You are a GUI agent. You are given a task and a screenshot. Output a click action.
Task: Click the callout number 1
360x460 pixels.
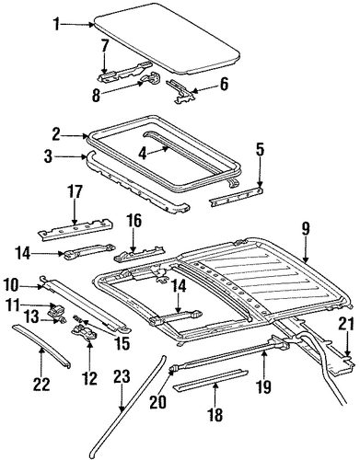[x=56, y=24]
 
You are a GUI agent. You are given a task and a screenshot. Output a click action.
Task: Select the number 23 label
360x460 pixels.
[x=122, y=376]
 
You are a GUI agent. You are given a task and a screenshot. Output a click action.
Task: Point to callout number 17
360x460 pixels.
[x=75, y=192]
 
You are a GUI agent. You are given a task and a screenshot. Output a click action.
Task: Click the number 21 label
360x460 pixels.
[x=347, y=324]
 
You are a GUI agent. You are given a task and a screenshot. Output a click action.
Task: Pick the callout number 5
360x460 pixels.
[x=260, y=150]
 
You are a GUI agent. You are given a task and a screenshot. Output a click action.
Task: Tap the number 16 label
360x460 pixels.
[x=133, y=221]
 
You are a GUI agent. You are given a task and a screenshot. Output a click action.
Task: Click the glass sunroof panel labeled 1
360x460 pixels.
[x=167, y=40]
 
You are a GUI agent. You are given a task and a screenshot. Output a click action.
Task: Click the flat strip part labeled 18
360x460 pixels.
[x=211, y=376]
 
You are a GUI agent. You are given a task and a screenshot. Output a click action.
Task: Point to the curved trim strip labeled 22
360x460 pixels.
[x=42, y=346]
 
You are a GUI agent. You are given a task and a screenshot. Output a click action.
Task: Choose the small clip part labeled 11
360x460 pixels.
[x=56, y=308]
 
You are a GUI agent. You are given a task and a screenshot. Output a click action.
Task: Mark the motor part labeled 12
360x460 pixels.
[x=84, y=332]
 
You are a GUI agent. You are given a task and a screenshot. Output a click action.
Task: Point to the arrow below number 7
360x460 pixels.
[x=105, y=65]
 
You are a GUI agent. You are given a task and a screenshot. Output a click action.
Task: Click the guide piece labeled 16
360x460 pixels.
[x=140, y=253]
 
